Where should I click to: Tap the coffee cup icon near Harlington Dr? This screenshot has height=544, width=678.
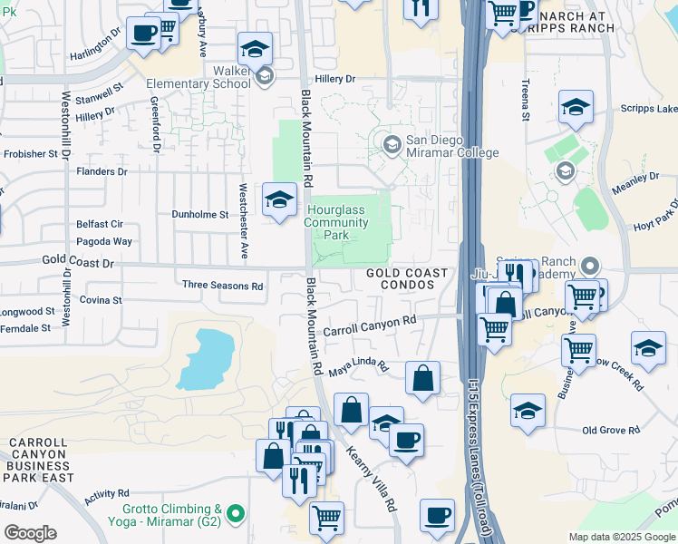pyautogui.click(x=141, y=34)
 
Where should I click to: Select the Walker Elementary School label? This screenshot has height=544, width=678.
pyautogui.click(x=218, y=77)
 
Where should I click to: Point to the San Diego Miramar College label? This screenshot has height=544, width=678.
pyautogui.click(x=450, y=146)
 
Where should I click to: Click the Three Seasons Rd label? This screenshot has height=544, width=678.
pyautogui.click(x=222, y=286)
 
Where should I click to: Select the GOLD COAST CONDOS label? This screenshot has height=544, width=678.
pyautogui.click(x=407, y=278)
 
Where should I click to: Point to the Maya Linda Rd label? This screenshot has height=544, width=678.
pyautogui.click(x=358, y=368)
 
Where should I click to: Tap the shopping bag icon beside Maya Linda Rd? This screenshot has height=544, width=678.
pyautogui.click(x=423, y=379)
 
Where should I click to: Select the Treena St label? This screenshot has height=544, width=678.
pyautogui.click(x=525, y=100)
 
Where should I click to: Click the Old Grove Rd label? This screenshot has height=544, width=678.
pyautogui.click(x=611, y=430)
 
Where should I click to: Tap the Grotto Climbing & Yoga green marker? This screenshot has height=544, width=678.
pyautogui.click(x=236, y=514)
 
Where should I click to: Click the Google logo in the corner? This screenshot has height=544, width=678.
pyautogui.click(x=29, y=533)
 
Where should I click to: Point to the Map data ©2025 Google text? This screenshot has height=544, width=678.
pyautogui.click(x=622, y=537)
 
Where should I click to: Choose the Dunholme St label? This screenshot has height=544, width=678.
pyautogui.click(x=200, y=215)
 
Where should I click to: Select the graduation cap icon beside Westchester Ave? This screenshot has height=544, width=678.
pyautogui.click(x=279, y=199)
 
